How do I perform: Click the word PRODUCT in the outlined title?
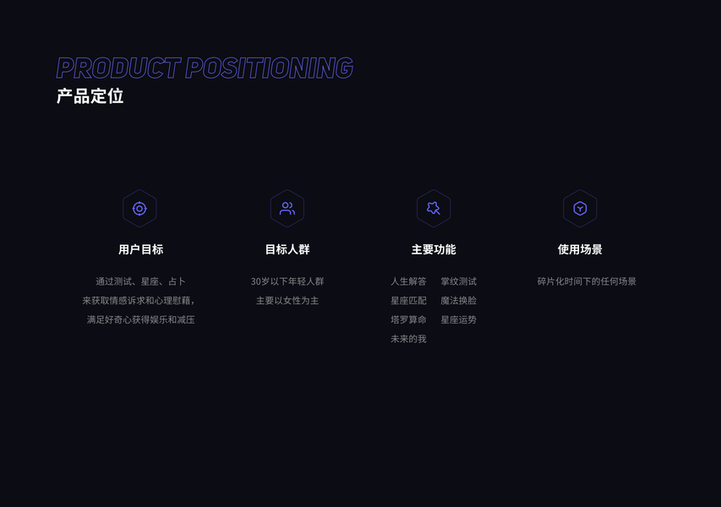(x=118, y=68)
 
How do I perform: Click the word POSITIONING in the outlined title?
(x=269, y=68)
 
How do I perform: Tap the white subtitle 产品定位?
(x=90, y=96)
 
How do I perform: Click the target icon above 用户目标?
(x=139, y=209)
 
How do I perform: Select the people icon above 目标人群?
(x=287, y=209)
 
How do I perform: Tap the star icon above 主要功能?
(x=434, y=209)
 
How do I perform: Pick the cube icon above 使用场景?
(x=580, y=209)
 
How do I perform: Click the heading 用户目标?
(x=140, y=249)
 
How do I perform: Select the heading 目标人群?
(x=287, y=249)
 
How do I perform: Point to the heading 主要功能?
(x=434, y=249)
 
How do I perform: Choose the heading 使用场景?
(x=580, y=249)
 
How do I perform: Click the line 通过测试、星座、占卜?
(x=140, y=281)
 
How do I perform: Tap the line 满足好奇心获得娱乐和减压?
(x=140, y=320)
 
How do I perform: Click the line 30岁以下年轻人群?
(x=287, y=281)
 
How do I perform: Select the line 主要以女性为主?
(x=287, y=301)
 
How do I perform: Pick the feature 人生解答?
(x=408, y=281)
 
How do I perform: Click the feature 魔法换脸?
(x=458, y=301)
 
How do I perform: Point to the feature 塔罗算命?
(x=408, y=320)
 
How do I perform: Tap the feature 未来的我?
(x=408, y=339)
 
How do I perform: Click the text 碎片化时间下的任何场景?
(x=587, y=281)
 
